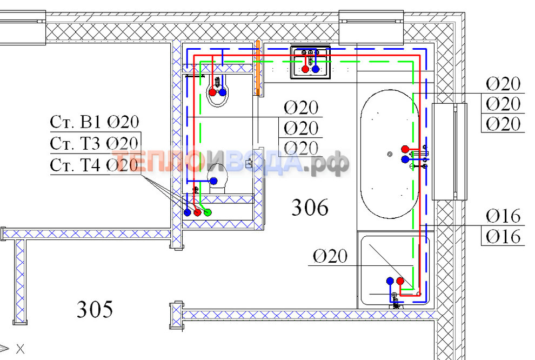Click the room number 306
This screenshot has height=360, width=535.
click(310, 208)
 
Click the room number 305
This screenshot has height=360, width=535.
click(95, 309)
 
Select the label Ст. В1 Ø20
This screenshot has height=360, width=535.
click(95, 122)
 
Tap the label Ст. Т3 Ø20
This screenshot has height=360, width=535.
click(94, 144)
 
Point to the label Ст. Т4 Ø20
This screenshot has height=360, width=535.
click(94, 165)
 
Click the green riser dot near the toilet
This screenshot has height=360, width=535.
click(208, 212)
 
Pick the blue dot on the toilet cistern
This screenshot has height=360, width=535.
click(213, 181)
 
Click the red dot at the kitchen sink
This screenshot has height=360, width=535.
click(305, 69)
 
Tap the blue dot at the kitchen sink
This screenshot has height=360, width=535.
click(316, 69)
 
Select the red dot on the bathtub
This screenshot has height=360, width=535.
click(405, 149)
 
